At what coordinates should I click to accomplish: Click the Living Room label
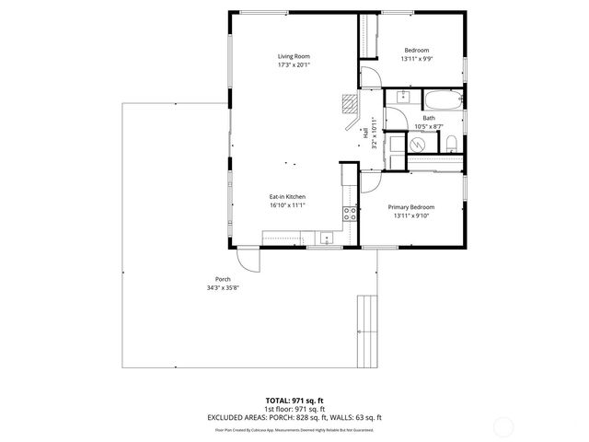click(294, 57)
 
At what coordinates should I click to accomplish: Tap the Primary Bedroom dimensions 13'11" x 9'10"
click(410, 216)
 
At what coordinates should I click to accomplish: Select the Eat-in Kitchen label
click(287, 197)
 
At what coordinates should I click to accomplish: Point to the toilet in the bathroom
click(452, 143)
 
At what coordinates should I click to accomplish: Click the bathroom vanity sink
click(402, 97)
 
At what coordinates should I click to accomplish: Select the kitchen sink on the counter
click(325, 237)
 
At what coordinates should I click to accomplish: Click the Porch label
click(222, 280)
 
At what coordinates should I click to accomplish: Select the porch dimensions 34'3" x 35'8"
click(222, 289)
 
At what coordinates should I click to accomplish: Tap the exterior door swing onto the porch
click(249, 260)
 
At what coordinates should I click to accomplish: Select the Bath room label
click(429, 118)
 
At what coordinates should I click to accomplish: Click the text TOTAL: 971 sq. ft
click(294, 401)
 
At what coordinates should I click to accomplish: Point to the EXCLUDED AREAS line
click(294, 418)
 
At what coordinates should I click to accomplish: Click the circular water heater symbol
click(416, 145)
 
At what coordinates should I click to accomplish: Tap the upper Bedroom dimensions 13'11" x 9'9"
click(415, 59)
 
